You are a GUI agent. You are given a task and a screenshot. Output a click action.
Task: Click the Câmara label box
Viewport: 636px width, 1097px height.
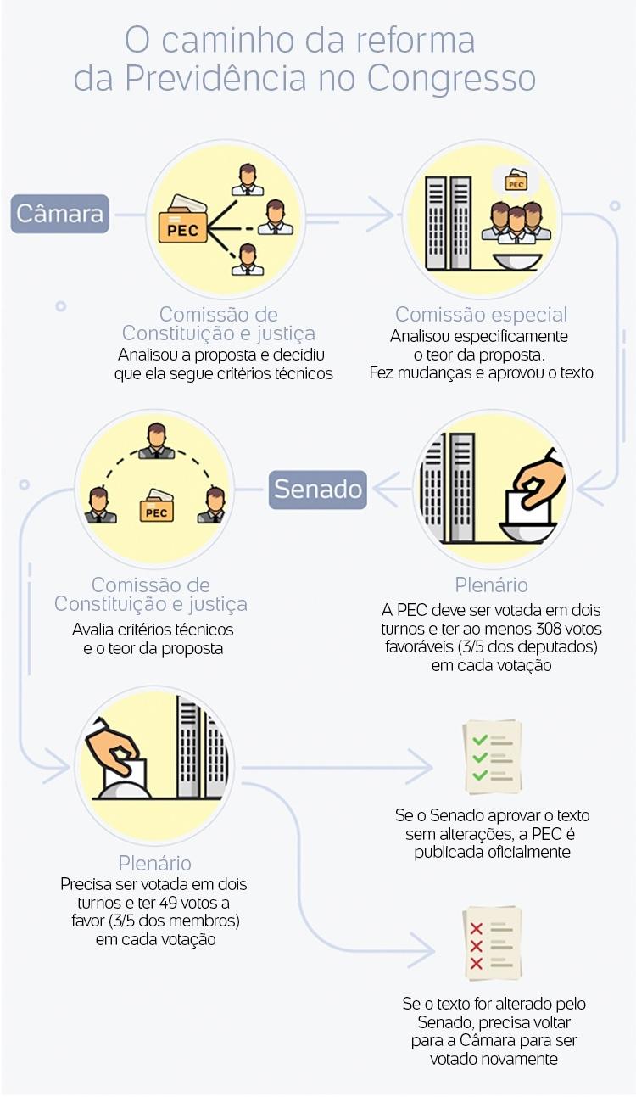pyautogui.click(x=59, y=214)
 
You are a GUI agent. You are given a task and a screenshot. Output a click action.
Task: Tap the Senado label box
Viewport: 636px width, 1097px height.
pyautogui.click(x=318, y=490)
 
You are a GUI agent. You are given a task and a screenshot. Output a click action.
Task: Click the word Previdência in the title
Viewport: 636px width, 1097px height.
pyautogui.click(x=217, y=78)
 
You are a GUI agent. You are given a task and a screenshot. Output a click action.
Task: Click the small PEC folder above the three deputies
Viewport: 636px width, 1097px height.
pyautogui.click(x=516, y=180)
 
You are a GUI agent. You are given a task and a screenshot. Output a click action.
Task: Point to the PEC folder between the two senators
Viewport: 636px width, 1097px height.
pyautogui.click(x=157, y=506)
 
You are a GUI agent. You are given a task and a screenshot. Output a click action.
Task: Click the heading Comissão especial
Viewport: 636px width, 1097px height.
pyautogui.click(x=481, y=315)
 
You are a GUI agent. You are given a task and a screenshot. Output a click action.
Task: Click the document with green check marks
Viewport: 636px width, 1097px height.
pyautogui.click(x=492, y=757)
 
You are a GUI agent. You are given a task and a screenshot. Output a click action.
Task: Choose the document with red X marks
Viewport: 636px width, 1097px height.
pyautogui.click(x=492, y=943)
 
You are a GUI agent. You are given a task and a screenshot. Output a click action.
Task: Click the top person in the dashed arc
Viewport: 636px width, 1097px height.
pyautogui.click(x=156, y=441)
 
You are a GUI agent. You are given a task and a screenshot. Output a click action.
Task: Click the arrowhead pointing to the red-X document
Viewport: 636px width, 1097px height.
pyautogui.click(x=421, y=951)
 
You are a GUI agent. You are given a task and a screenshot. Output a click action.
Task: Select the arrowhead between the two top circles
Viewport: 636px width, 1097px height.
pyautogui.click(x=381, y=215)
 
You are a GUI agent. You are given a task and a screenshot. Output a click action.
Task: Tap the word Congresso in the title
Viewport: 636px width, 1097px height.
pyautogui.click(x=451, y=78)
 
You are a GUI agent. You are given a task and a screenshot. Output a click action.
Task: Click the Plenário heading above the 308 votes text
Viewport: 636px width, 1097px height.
pyautogui.click(x=492, y=585)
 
